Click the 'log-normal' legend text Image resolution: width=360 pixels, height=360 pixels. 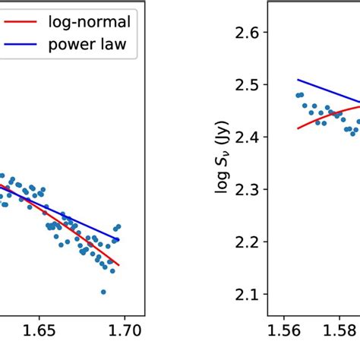coord(90,22)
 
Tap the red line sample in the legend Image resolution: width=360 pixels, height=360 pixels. coord(21,23)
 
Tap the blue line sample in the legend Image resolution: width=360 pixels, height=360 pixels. coord(21,46)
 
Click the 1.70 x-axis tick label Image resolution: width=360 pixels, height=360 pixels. coord(124,331)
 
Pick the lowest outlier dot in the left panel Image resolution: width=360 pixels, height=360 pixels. coord(103,292)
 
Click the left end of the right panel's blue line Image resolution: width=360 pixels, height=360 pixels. coord(298,80)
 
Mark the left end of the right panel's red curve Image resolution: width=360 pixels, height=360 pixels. coord(298,128)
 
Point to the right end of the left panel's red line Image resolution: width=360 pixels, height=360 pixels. coord(118,266)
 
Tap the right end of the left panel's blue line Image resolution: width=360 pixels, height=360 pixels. coord(118,240)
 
